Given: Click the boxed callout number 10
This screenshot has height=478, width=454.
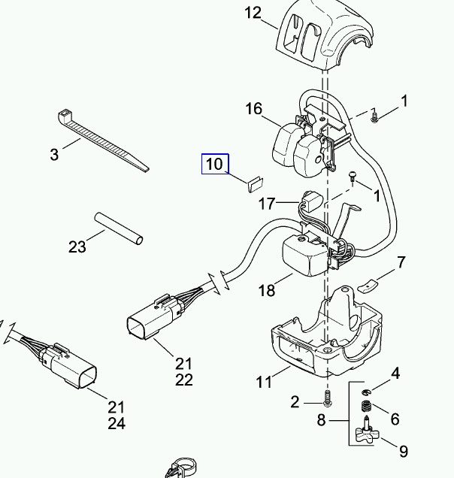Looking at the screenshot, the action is pyautogui.click(x=215, y=164).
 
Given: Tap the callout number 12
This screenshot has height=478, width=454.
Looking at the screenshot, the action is pyautogui.click(x=253, y=13).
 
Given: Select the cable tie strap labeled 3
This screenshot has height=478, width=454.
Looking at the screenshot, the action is pyautogui.click(x=102, y=140).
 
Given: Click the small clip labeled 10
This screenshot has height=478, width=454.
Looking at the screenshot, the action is pyautogui.click(x=256, y=183).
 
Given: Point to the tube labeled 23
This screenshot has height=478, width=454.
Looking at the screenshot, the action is pyautogui.click(x=118, y=228).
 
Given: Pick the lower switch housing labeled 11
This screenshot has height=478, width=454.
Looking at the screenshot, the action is pyautogui.click(x=326, y=332).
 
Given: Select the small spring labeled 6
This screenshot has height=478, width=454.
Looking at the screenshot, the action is pyautogui.click(x=366, y=407).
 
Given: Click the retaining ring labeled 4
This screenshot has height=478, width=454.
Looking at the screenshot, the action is pyautogui.click(x=366, y=392).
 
